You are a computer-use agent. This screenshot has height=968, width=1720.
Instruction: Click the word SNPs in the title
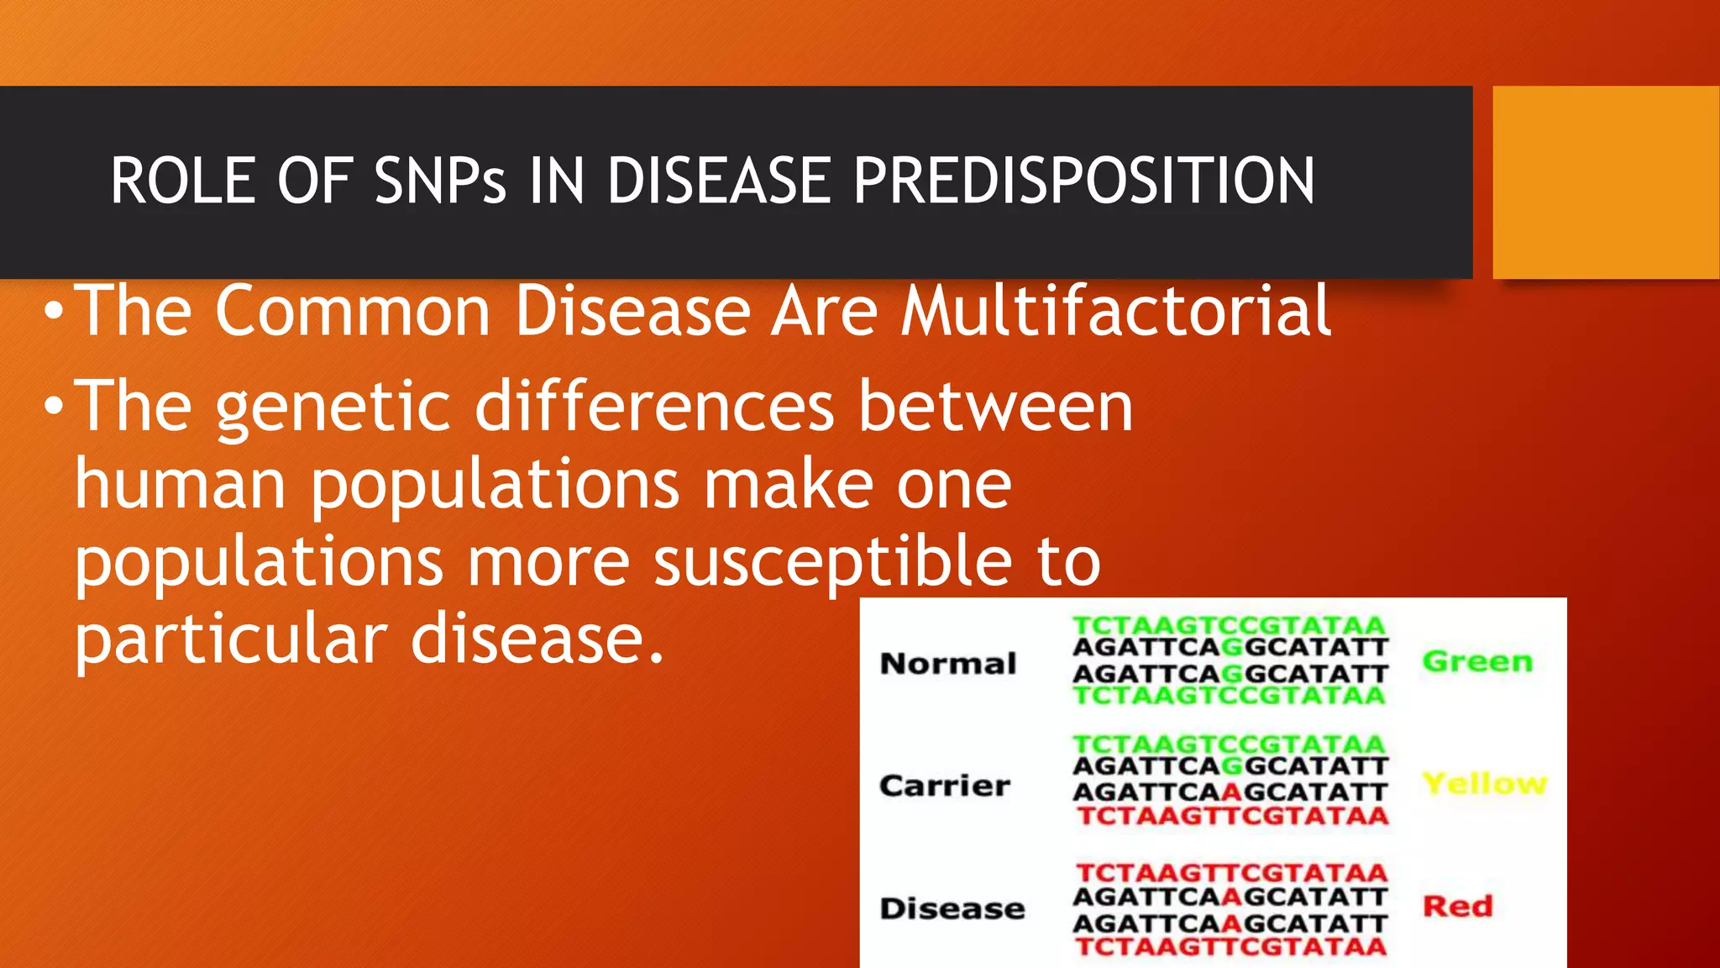(440, 181)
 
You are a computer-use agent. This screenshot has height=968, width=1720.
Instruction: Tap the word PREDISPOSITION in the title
(1083, 181)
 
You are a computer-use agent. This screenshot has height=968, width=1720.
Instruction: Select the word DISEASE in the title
(718, 181)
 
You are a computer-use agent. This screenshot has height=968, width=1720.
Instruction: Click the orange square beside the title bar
(1605, 182)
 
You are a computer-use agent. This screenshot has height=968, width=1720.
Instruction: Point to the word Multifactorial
(1115, 311)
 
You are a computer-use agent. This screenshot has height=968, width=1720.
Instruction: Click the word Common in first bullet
(353, 311)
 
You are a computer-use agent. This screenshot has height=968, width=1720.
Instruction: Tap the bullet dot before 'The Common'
(54, 313)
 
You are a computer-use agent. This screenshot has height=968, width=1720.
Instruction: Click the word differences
(655, 407)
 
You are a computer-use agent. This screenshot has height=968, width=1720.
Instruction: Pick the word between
(995, 407)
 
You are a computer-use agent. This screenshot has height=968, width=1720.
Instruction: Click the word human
(181, 485)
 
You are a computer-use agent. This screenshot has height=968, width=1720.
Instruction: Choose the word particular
(231, 640)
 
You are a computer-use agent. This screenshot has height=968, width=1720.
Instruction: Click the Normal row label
(948, 664)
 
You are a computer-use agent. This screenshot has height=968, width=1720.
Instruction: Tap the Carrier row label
(945, 786)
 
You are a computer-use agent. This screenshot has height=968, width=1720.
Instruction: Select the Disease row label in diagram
(952, 908)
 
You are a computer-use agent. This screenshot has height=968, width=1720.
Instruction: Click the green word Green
(1477, 662)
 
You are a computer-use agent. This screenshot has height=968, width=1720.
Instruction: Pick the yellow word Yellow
(1484, 783)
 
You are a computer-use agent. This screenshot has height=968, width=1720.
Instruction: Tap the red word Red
(1457, 906)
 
